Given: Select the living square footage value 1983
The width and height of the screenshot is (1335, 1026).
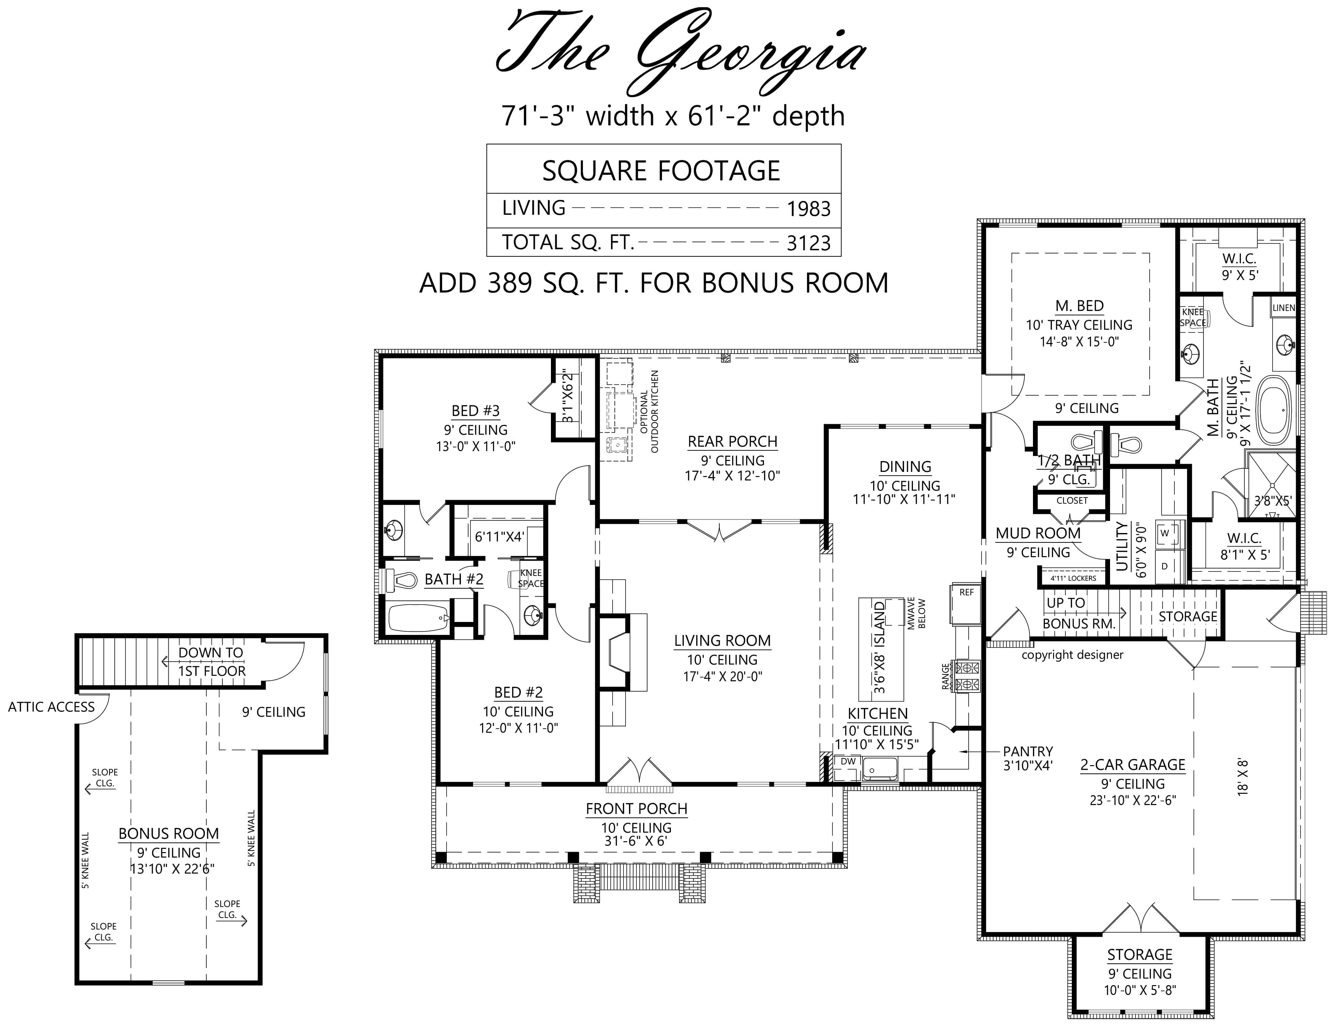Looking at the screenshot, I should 808,209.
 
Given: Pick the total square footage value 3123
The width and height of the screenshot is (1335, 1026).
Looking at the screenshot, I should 808,243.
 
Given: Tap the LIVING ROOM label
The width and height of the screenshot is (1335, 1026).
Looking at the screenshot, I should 722,641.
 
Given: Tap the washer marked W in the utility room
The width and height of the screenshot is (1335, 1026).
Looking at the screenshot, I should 1165,533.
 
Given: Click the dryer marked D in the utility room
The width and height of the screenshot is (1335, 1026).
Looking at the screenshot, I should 1165,566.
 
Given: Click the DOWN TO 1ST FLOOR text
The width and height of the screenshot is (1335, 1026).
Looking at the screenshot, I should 211,661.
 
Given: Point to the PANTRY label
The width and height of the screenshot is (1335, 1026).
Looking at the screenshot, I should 1027,751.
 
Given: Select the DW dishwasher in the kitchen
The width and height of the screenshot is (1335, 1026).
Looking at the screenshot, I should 848,761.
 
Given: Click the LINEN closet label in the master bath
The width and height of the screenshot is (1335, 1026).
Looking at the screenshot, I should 1284,308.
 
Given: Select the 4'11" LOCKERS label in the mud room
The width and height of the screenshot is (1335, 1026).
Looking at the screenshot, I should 1073,578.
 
